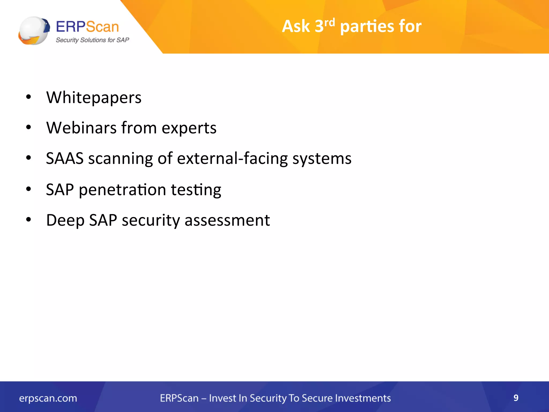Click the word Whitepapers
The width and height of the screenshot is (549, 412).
94,98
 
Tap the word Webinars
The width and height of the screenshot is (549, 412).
81,128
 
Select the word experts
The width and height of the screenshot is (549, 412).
189,128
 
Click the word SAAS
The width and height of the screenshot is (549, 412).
65,158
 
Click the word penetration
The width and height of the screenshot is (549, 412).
122,190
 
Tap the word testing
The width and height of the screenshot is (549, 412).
196,190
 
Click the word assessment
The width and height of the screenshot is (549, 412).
227,220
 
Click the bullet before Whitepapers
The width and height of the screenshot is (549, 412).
28,97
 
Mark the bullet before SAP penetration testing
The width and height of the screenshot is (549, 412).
28,189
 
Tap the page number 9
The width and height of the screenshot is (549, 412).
516,398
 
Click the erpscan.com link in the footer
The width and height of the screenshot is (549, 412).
48,398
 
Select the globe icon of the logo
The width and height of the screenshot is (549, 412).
34,31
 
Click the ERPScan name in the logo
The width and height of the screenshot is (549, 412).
87,27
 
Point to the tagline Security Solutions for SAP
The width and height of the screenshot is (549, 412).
92,40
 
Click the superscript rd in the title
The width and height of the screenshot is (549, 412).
329,23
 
